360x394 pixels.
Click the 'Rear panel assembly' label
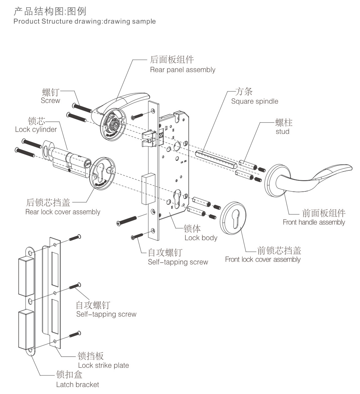(x=182, y=70)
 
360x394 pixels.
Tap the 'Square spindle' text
(x=254, y=101)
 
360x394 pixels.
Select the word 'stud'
(x=282, y=132)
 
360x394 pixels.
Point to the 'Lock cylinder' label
(x=36, y=130)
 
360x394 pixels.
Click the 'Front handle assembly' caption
(x=314, y=222)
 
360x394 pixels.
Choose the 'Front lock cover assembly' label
(x=263, y=259)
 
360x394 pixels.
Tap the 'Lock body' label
(x=201, y=238)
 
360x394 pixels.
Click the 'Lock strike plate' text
(x=103, y=365)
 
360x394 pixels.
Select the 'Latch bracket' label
(x=77, y=385)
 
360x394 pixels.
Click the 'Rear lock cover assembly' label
(x=63, y=212)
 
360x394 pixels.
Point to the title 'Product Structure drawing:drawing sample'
(x=84, y=21)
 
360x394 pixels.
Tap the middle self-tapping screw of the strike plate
(x=75, y=286)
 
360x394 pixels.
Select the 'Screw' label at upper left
(x=50, y=101)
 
